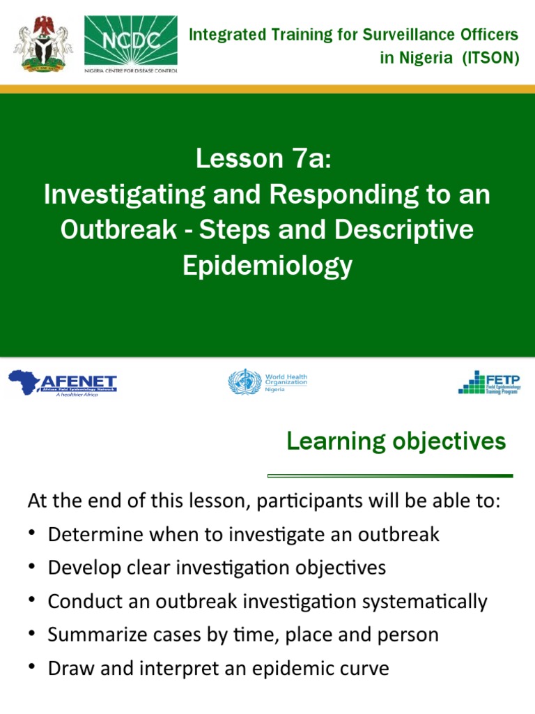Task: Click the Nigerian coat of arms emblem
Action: tap(42, 43)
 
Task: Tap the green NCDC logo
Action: tap(130, 43)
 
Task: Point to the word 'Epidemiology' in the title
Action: tap(267, 266)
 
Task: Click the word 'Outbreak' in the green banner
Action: tap(118, 230)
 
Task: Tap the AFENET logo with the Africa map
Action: tap(63, 383)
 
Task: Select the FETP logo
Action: tap(489, 382)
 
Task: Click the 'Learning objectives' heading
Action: tap(396, 441)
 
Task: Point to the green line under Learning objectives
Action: tap(390, 476)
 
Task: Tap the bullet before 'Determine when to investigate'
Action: tap(32, 534)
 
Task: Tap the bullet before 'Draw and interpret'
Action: tap(32, 667)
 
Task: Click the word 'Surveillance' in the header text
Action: tap(406, 34)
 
